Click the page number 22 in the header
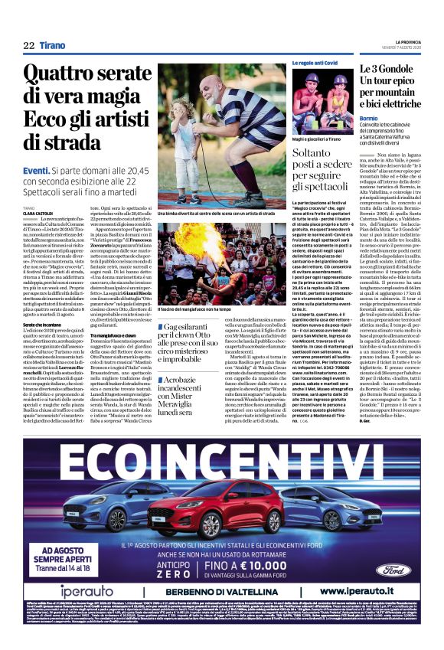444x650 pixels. tap(28, 45)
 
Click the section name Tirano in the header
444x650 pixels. tap(53, 45)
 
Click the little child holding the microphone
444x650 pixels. tap(184, 142)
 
